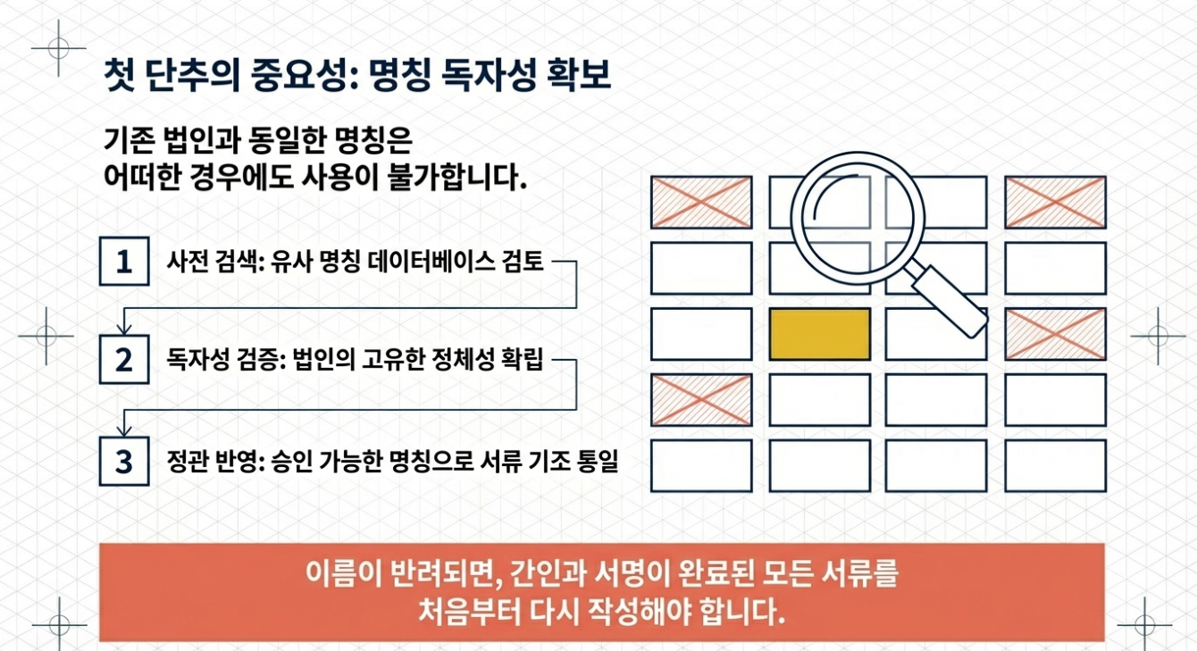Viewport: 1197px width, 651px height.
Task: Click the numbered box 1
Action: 124,261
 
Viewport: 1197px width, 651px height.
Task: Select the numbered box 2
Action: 124,360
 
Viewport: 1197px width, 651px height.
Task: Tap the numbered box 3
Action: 124,461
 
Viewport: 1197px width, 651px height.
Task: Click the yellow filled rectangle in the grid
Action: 819,334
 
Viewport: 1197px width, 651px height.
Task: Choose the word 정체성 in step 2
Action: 448,362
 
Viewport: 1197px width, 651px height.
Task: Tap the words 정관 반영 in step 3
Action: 205,462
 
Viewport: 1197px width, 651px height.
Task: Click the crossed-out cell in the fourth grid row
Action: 700,399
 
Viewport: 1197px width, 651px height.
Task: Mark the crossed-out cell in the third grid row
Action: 1055,334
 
